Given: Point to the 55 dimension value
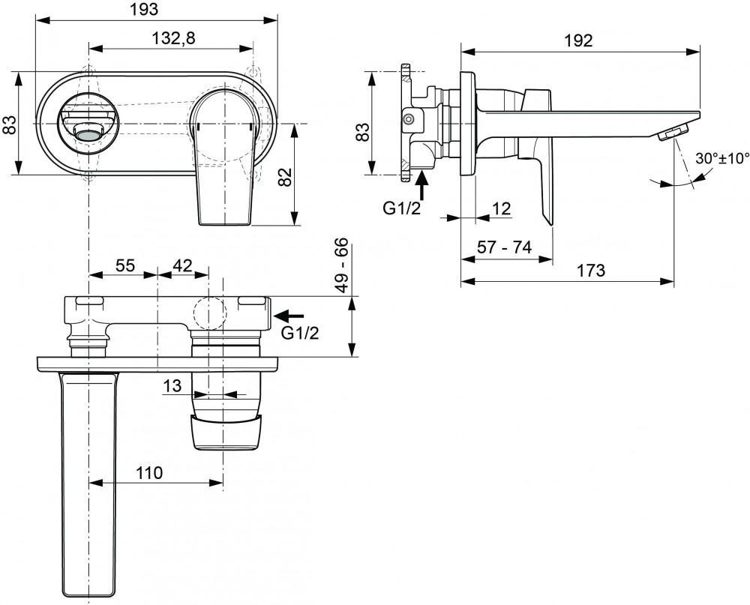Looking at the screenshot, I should coord(124,265).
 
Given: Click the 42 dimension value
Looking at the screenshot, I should coord(182,265).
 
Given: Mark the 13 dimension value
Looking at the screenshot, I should coord(172,385).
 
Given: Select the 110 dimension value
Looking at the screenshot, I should coord(149,473).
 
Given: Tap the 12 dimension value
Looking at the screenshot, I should coord(502,209).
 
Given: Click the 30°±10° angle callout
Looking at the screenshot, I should coord(723,159).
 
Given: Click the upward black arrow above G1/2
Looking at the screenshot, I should coord(421,181).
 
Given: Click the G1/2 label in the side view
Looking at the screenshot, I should coord(402,209).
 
